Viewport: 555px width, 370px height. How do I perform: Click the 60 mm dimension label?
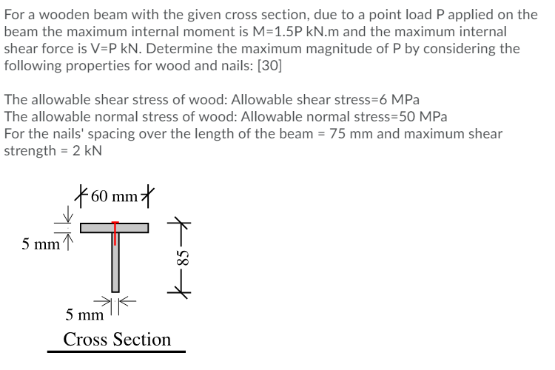coord(115,198)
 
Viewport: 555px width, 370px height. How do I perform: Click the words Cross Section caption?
coord(117,340)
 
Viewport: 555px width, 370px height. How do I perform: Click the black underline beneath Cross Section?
coord(117,352)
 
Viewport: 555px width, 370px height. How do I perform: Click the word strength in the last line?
coord(33,150)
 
